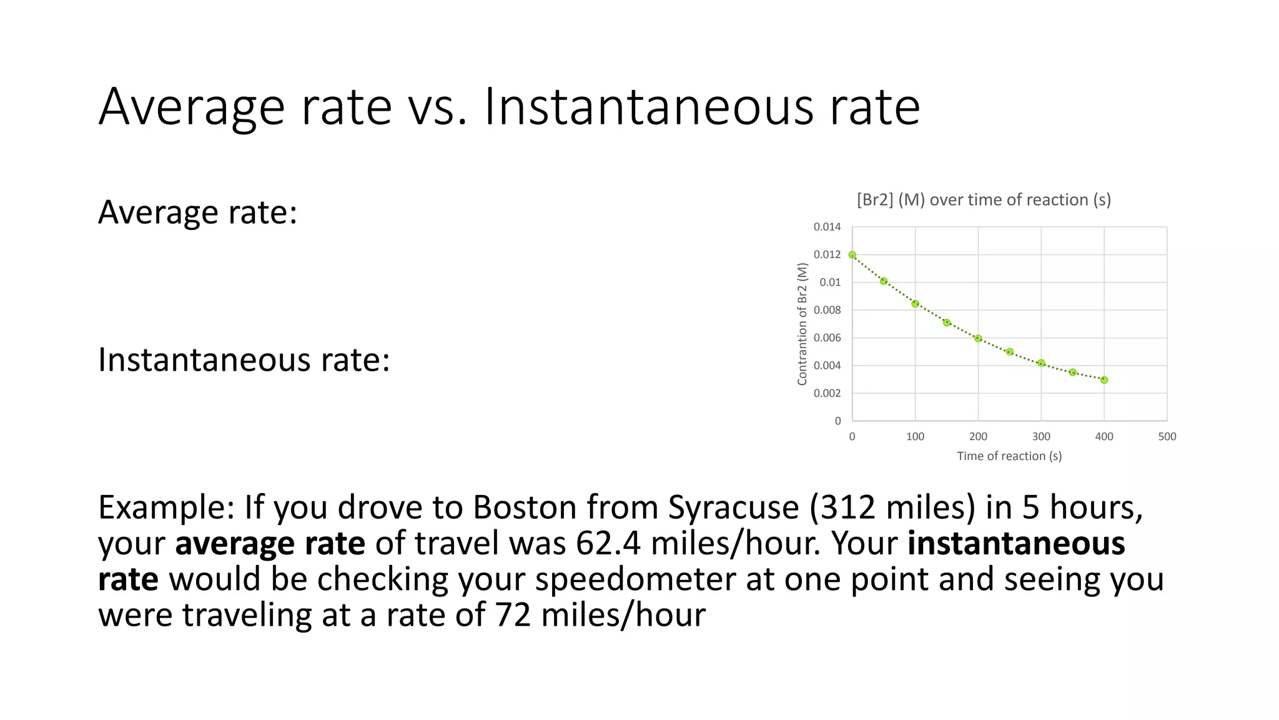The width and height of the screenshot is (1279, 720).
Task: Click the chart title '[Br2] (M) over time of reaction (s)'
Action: click(x=984, y=200)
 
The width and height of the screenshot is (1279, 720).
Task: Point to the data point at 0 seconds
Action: click(x=852, y=255)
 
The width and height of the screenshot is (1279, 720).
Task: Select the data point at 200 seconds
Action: click(x=978, y=339)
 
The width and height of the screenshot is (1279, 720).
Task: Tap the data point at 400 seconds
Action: click(x=1104, y=380)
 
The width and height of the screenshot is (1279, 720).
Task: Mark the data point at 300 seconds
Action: click(x=1041, y=363)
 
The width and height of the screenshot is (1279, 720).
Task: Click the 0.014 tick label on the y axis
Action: click(x=827, y=227)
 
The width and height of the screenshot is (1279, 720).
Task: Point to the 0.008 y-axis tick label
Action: click(x=827, y=310)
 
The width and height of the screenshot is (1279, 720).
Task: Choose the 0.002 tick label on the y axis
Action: click(x=827, y=393)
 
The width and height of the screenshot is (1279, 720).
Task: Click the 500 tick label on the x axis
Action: click(x=1167, y=437)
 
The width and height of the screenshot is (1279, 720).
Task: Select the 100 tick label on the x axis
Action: click(x=915, y=437)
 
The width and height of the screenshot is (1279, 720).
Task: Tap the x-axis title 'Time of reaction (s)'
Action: click(x=1009, y=456)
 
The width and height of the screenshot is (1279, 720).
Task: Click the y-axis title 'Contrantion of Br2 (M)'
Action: click(x=802, y=324)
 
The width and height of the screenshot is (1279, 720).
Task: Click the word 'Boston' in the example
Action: click(x=524, y=507)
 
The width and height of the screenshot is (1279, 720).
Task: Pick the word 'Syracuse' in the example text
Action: click(x=733, y=507)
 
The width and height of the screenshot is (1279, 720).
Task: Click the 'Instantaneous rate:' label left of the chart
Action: click(x=244, y=360)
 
